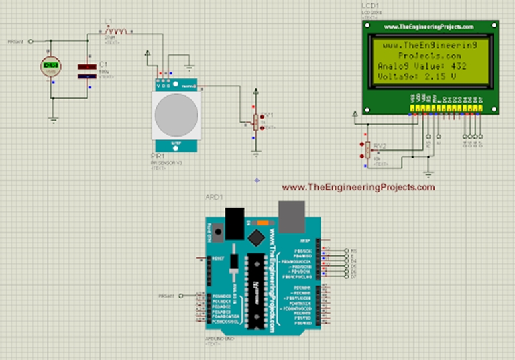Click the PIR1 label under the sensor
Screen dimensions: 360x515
point(158,155)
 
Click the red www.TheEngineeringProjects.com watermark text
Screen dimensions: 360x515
point(358,188)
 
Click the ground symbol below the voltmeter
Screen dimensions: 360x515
point(52,121)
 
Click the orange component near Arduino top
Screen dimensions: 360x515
point(263,222)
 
